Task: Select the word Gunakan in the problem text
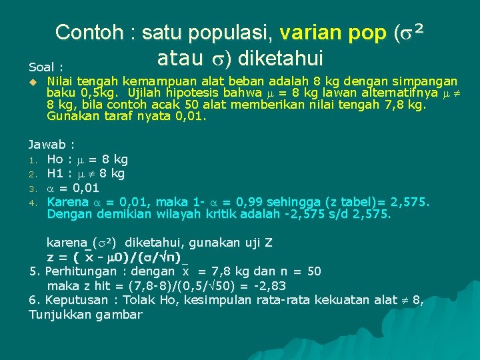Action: (70, 117)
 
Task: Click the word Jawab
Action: (47, 145)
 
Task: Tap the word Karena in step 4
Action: (67, 202)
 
